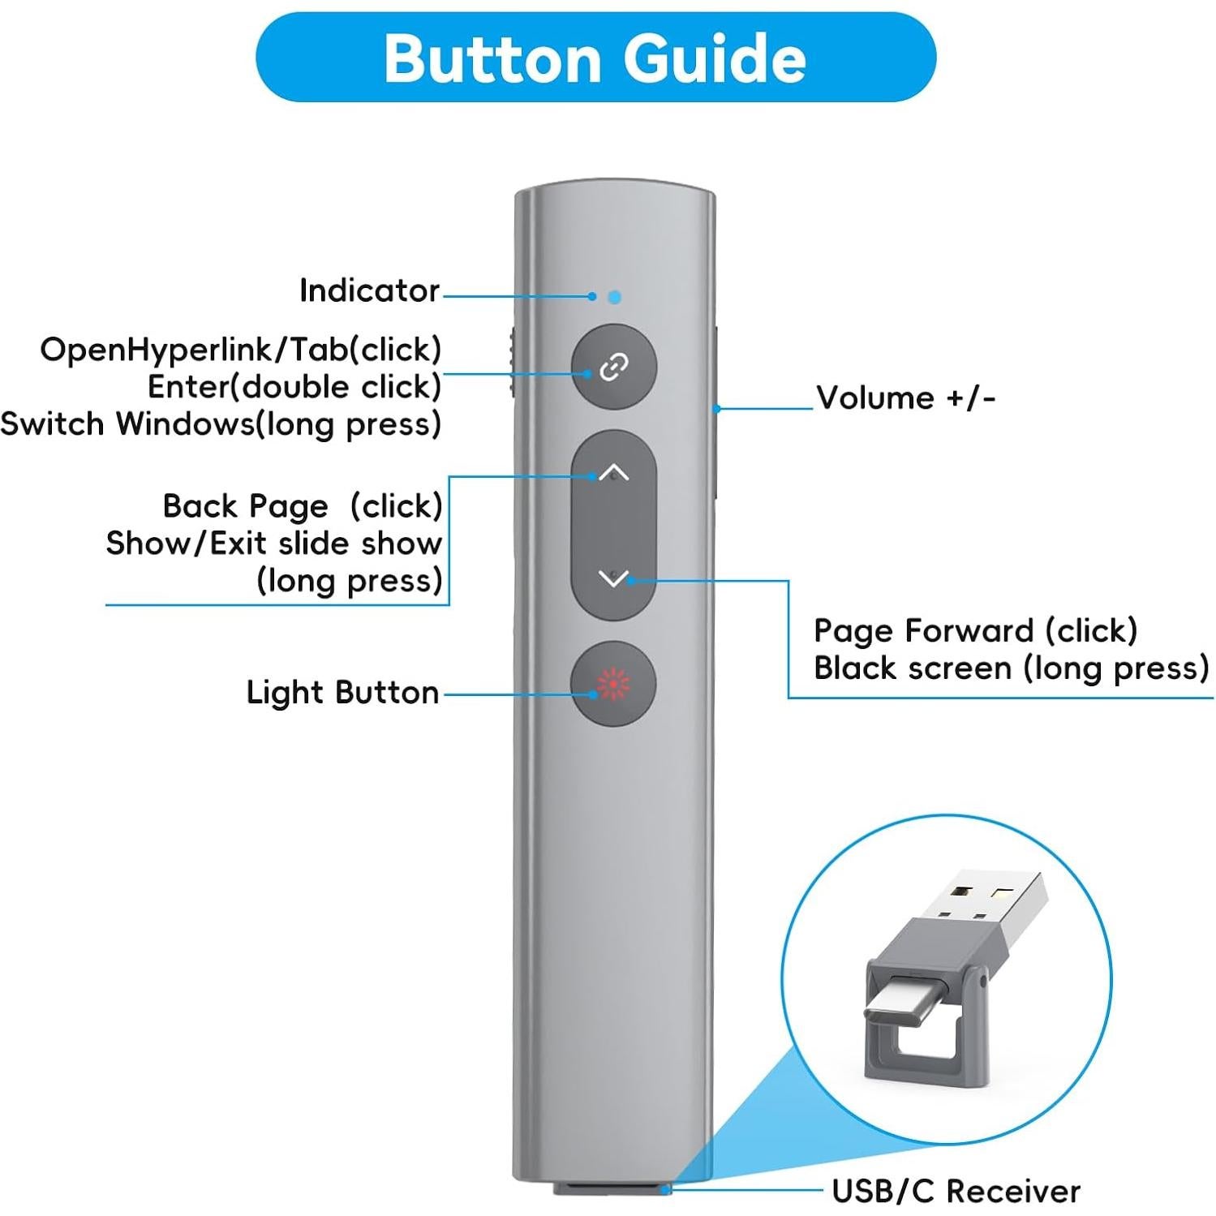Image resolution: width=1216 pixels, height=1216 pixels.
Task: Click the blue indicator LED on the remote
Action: pos(614,298)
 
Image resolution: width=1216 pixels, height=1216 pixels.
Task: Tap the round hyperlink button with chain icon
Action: pos(613,367)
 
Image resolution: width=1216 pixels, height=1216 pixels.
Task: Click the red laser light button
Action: pos(613,684)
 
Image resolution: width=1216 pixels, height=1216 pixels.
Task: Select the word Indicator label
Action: pos(369,290)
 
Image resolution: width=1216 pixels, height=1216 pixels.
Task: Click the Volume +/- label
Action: pos(905,398)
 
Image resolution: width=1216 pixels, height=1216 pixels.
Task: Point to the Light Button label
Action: pos(342,693)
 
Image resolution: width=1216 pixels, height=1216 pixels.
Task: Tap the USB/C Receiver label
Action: pos(956,1191)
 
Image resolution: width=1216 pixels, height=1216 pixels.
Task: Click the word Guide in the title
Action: pos(714,58)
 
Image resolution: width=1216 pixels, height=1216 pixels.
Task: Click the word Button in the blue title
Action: pos(492,58)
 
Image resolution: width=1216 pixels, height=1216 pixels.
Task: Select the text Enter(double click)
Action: pos(294,387)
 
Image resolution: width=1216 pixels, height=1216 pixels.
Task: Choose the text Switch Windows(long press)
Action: pos(221,424)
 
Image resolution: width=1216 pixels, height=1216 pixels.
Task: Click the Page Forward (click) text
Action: pos(975,630)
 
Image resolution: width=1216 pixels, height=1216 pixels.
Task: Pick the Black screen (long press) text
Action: pos(1011,668)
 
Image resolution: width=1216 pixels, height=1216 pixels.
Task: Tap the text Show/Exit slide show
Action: pos(273,544)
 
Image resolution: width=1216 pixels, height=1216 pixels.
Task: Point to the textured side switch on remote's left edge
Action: pos(513,363)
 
